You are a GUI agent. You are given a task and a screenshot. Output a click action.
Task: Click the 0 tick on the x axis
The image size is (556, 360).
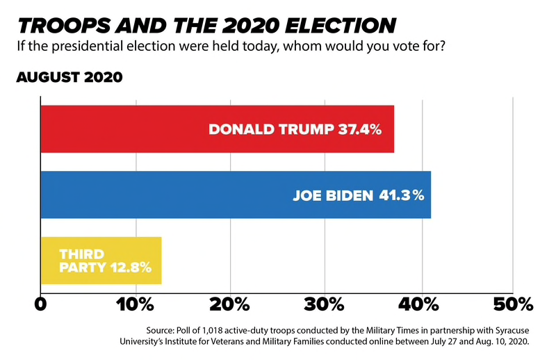click(x=41, y=304)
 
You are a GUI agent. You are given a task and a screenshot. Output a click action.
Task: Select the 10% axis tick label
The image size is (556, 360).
click(x=135, y=304)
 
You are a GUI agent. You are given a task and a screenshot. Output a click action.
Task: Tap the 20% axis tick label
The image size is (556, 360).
click(x=229, y=304)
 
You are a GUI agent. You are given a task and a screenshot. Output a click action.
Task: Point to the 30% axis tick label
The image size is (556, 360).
click(x=324, y=304)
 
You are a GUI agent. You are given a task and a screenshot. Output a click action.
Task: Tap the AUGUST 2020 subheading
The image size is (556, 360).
click(x=69, y=77)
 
